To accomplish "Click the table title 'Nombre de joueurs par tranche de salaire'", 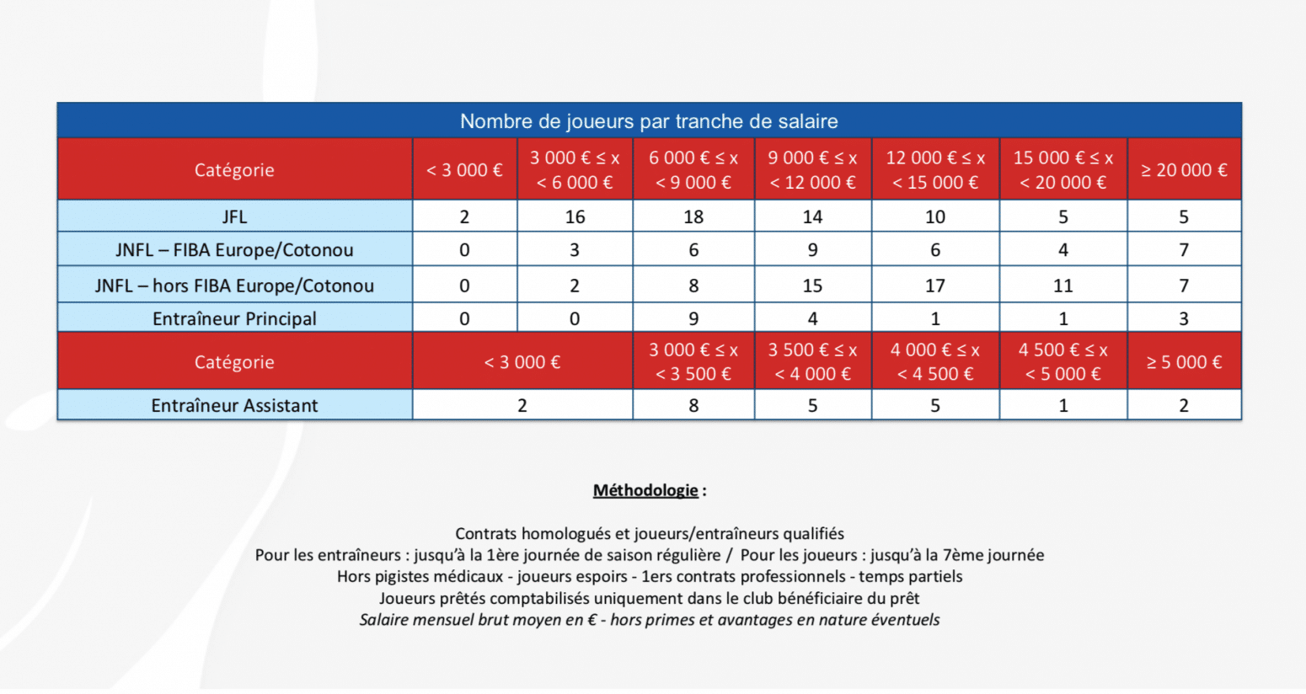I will point(649,121).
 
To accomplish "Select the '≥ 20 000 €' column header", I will point(1184,170).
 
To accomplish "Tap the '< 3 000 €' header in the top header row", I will point(464,170).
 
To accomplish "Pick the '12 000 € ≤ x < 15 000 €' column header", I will point(935,170).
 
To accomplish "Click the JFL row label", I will point(234,217).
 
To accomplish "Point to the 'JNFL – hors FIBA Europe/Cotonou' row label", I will point(234,286).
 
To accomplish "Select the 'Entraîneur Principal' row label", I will point(234,319).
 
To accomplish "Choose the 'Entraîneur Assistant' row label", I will point(234,406).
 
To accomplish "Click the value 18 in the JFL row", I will point(693,217).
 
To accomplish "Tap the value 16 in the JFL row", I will point(575,217).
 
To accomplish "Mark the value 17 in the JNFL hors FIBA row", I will point(935,286).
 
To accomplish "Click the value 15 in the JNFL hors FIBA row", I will point(812,286).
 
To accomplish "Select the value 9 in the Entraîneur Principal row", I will point(693,319).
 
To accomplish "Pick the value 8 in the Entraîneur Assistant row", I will point(693,406).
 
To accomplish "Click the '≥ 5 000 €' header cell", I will point(1184,362).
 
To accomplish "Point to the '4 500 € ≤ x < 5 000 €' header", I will point(1062,362).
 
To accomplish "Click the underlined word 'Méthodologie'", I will point(645,490).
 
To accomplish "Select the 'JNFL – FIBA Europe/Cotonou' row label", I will point(234,250).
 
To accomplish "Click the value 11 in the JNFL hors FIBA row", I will point(1062,286).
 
